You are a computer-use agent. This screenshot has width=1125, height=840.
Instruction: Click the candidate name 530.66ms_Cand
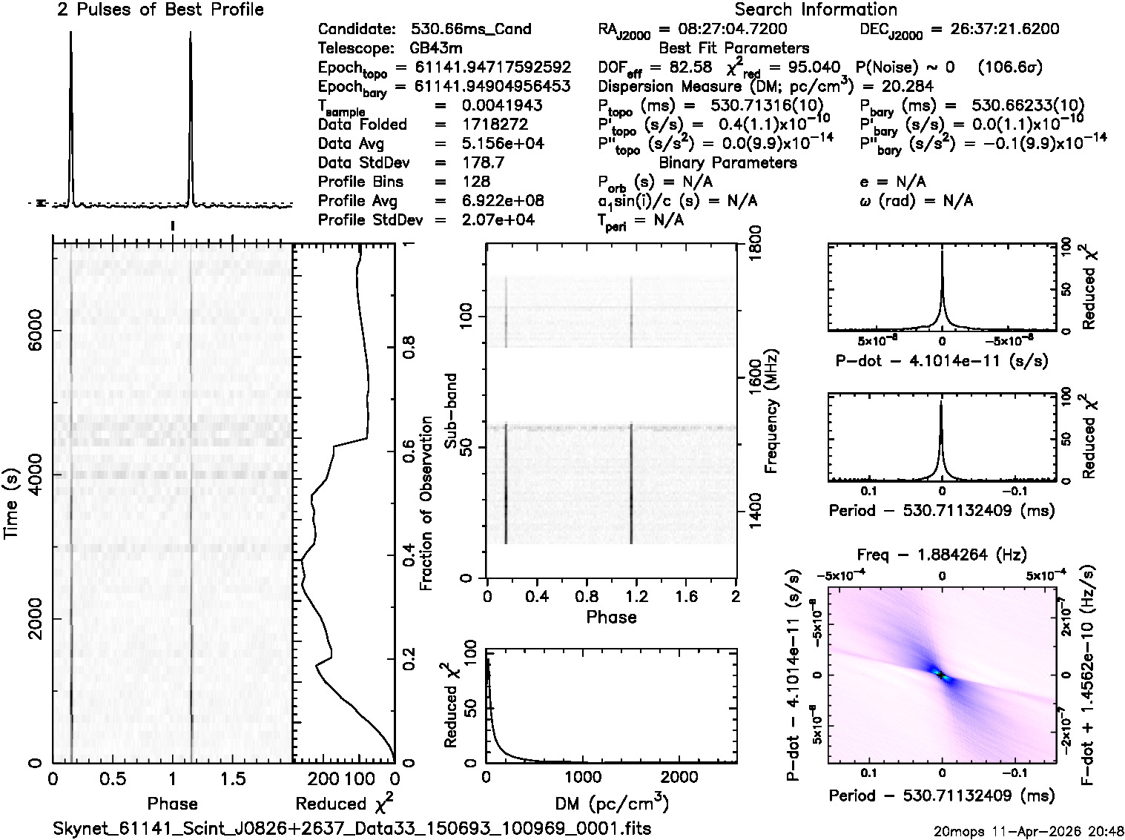471,29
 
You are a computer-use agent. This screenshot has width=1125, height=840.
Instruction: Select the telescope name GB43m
436,48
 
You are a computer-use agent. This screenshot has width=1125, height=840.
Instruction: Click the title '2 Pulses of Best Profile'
160,10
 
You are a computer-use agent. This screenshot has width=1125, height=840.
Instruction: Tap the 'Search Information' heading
816,10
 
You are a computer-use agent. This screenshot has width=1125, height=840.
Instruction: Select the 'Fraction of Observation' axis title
426,503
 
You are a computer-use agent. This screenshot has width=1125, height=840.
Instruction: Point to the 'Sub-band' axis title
450,411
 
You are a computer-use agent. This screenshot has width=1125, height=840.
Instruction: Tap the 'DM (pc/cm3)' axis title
611,803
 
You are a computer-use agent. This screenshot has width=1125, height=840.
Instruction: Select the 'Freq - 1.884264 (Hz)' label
942,555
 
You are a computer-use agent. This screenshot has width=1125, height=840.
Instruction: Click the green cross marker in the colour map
940,675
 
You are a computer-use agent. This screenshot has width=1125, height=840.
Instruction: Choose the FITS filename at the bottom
352,828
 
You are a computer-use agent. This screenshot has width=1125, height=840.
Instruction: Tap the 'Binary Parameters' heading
728,162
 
